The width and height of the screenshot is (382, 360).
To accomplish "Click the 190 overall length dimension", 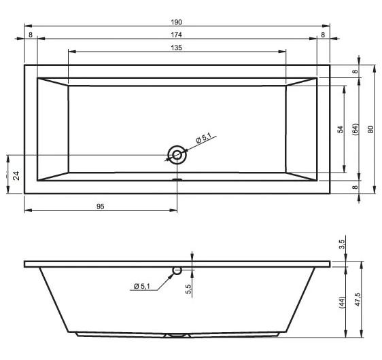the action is point(176,22).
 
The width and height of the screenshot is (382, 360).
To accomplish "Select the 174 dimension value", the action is point(176,35).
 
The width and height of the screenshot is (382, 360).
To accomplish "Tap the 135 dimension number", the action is point(176,48).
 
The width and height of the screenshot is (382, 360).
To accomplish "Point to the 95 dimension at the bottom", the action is point(101,206).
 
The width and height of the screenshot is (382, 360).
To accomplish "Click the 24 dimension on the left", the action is point(16,175).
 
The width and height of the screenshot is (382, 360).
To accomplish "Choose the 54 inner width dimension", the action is point(341,129).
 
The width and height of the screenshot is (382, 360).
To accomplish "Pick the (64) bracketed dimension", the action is point(355,129).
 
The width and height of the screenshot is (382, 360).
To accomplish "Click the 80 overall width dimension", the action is point(370,129).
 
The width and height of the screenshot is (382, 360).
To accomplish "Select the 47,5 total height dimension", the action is point(358,300).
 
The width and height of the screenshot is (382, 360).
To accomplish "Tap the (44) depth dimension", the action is point(342,302).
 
